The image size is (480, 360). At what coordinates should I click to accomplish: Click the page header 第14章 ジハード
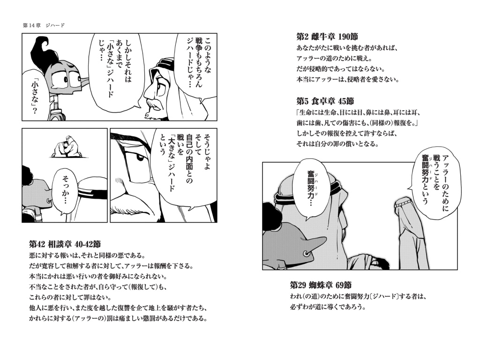pyautogui.click(x=44, y=25)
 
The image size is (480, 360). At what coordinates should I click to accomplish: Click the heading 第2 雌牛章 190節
pyautogui.click(x=327, y=37)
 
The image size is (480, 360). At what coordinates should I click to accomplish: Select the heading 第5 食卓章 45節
pyautogui.click(x=325, y=101)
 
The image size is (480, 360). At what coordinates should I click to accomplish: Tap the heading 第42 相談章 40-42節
pyautogui.click(x=65, y=244)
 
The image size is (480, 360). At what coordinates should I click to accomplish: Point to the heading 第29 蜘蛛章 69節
pyautogui.click(x=321, y=285)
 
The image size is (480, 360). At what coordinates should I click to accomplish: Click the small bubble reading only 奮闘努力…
pyautogui.click(x=314, y=188)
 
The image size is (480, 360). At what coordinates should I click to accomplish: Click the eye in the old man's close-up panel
pyautogui.click(x=140, y=157)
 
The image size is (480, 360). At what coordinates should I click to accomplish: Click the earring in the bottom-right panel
pyautogui.click(x=306, y=254)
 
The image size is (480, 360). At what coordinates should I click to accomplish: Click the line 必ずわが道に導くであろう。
pyautogui.click(x=328, y=307)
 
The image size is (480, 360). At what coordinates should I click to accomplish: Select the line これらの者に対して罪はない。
pyautogui.click(x=70, y=297)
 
